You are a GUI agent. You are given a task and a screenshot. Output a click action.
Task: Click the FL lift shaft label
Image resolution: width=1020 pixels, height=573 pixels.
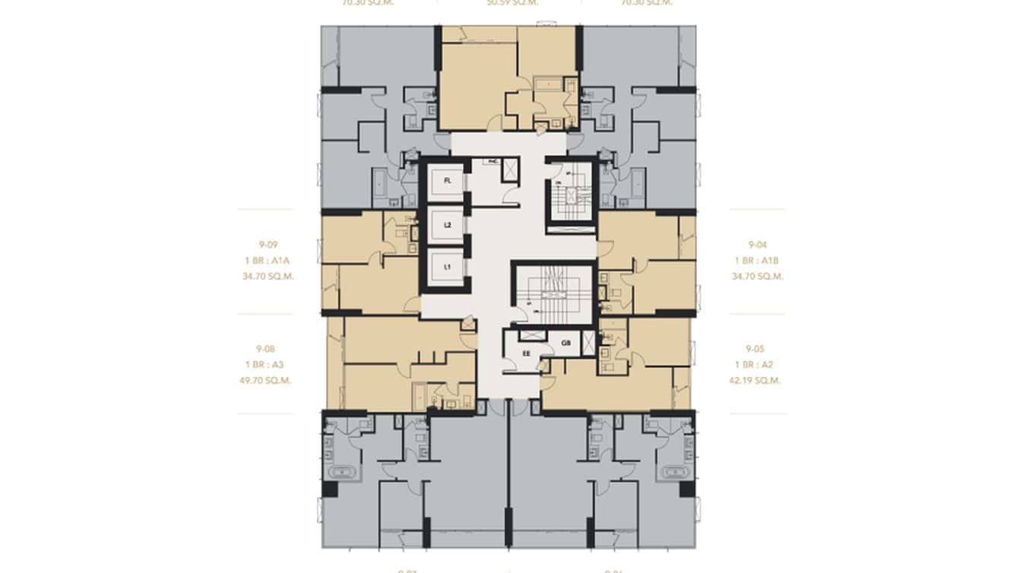pos(448,181)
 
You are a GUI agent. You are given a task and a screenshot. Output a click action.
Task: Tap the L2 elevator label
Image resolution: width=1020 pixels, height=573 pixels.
pos(448,225)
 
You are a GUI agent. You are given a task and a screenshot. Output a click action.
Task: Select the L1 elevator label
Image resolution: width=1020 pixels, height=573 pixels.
pos(448,268)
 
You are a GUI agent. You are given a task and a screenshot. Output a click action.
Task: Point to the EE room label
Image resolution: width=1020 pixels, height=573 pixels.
pos(526,353)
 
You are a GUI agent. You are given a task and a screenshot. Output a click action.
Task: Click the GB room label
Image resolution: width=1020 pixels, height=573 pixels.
pos(565,343)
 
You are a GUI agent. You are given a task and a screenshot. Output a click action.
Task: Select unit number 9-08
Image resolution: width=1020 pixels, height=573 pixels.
pos(265,349)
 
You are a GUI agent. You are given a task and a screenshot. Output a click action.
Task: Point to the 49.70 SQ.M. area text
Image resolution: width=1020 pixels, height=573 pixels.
pos(265,380)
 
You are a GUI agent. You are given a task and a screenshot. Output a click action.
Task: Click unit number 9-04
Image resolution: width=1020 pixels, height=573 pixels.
pos(757,245)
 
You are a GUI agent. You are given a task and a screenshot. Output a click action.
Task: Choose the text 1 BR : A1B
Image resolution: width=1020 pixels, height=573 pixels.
pos(757,261)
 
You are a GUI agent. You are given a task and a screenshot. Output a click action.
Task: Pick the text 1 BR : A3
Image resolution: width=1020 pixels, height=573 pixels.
pos(265,365)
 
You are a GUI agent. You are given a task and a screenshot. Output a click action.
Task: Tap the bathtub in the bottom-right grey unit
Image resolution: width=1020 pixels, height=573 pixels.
pos(675,472)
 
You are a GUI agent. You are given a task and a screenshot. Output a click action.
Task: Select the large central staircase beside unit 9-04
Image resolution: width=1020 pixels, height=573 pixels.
pos(556,293)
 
